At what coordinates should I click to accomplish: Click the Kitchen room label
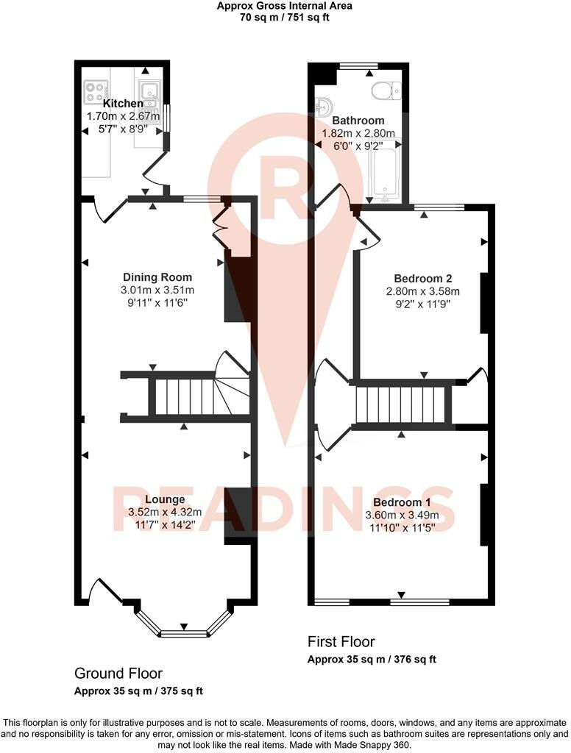[123, 104]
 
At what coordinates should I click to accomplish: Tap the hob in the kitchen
[95, 93]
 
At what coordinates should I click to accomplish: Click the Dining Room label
[157, 277]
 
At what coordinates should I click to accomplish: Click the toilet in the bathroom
[386, 90]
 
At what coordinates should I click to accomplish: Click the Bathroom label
[358, 121]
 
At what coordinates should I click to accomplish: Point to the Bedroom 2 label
[422, 279]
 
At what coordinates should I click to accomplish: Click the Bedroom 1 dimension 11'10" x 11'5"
[402, 527]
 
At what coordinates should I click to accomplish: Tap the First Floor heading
[341, 642]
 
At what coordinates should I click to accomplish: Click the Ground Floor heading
[118, 674]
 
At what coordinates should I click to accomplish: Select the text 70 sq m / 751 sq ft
[284, 17]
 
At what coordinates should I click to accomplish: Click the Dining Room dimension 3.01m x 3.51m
[157, 290]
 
